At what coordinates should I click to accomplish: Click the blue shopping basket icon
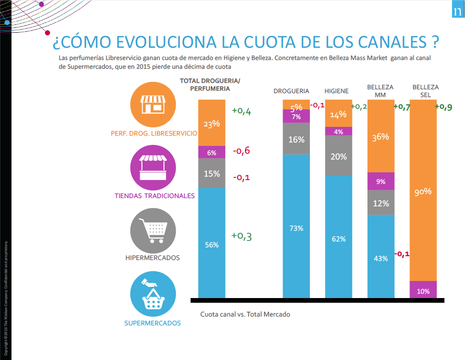coord(154,293)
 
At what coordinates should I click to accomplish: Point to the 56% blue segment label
coord(212,245)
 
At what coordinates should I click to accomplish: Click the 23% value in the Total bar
coord(212,124)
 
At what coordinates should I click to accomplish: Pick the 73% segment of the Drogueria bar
coord(296,228)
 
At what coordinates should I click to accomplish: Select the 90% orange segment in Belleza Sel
coord(423,192)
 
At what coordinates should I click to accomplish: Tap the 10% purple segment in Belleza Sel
coord(423,291)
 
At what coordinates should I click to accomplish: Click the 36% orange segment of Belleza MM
coord(381,137)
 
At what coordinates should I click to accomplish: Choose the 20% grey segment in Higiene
coord(339,157)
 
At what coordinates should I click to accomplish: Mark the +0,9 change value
coord(447,107)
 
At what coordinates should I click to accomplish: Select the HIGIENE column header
coord(337,91)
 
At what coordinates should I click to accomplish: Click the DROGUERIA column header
coord(291,91)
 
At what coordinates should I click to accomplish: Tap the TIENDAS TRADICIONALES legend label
coord(155,196)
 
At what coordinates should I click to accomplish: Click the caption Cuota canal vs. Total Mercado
coord(245,314)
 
